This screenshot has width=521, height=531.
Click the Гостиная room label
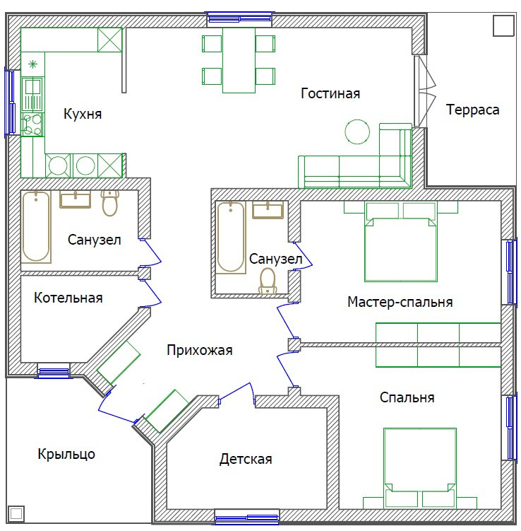click(330, 93)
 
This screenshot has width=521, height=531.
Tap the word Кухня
click(83, 114)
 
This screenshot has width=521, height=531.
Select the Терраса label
click(472, 110)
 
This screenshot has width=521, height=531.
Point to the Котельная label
click(68, 298)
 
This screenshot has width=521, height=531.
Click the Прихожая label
click(200, 350)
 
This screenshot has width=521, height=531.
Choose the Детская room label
click(246, 459)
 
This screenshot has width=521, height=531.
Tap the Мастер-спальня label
click(400, 302)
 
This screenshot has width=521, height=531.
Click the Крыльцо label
click(66, 454)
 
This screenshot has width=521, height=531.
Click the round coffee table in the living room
click(357, 132)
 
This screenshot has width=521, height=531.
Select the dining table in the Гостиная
click(239, 60)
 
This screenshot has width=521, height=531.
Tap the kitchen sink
click(32, 95)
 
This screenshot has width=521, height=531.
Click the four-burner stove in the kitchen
click(32, 124)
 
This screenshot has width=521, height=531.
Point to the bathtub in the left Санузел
click(36, 226)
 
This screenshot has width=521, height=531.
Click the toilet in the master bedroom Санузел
click(268, 281)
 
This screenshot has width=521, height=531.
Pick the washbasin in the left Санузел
click(75, 199)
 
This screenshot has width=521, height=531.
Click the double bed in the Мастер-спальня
click(401, 242)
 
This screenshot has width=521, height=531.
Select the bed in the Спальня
click(420, 468)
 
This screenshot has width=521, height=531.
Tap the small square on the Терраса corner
click(503, 25)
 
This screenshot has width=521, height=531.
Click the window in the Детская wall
click(247, 517)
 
